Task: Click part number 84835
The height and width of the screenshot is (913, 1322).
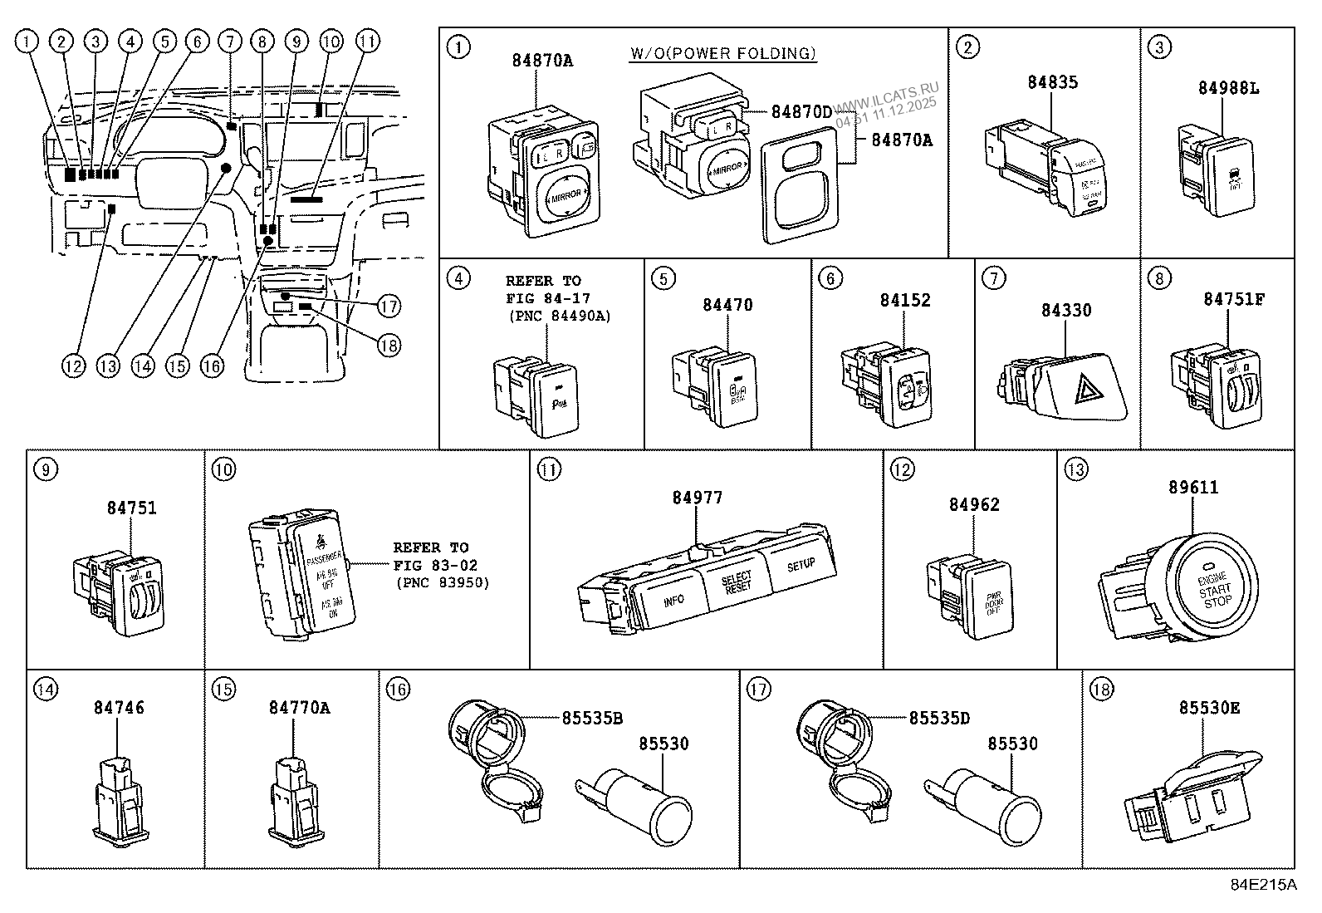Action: click(1052, 82)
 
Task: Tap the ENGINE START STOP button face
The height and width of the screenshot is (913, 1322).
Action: click(1215, 587)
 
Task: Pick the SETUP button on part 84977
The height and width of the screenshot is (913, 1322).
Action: click(800, 565)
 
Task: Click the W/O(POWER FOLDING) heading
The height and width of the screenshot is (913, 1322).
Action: click(722, 53)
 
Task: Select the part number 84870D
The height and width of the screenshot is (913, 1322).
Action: click(801, 111)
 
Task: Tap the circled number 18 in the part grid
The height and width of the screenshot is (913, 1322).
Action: click(1100, 689)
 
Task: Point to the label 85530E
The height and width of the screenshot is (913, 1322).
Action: click(1209, 708)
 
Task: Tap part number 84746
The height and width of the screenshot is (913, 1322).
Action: click(119, 708)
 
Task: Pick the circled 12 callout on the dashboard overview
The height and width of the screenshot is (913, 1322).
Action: click(73, 366)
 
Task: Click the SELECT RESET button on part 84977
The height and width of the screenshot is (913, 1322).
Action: click(736, 582)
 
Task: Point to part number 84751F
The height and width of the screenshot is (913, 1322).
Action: click(1234, 299)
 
